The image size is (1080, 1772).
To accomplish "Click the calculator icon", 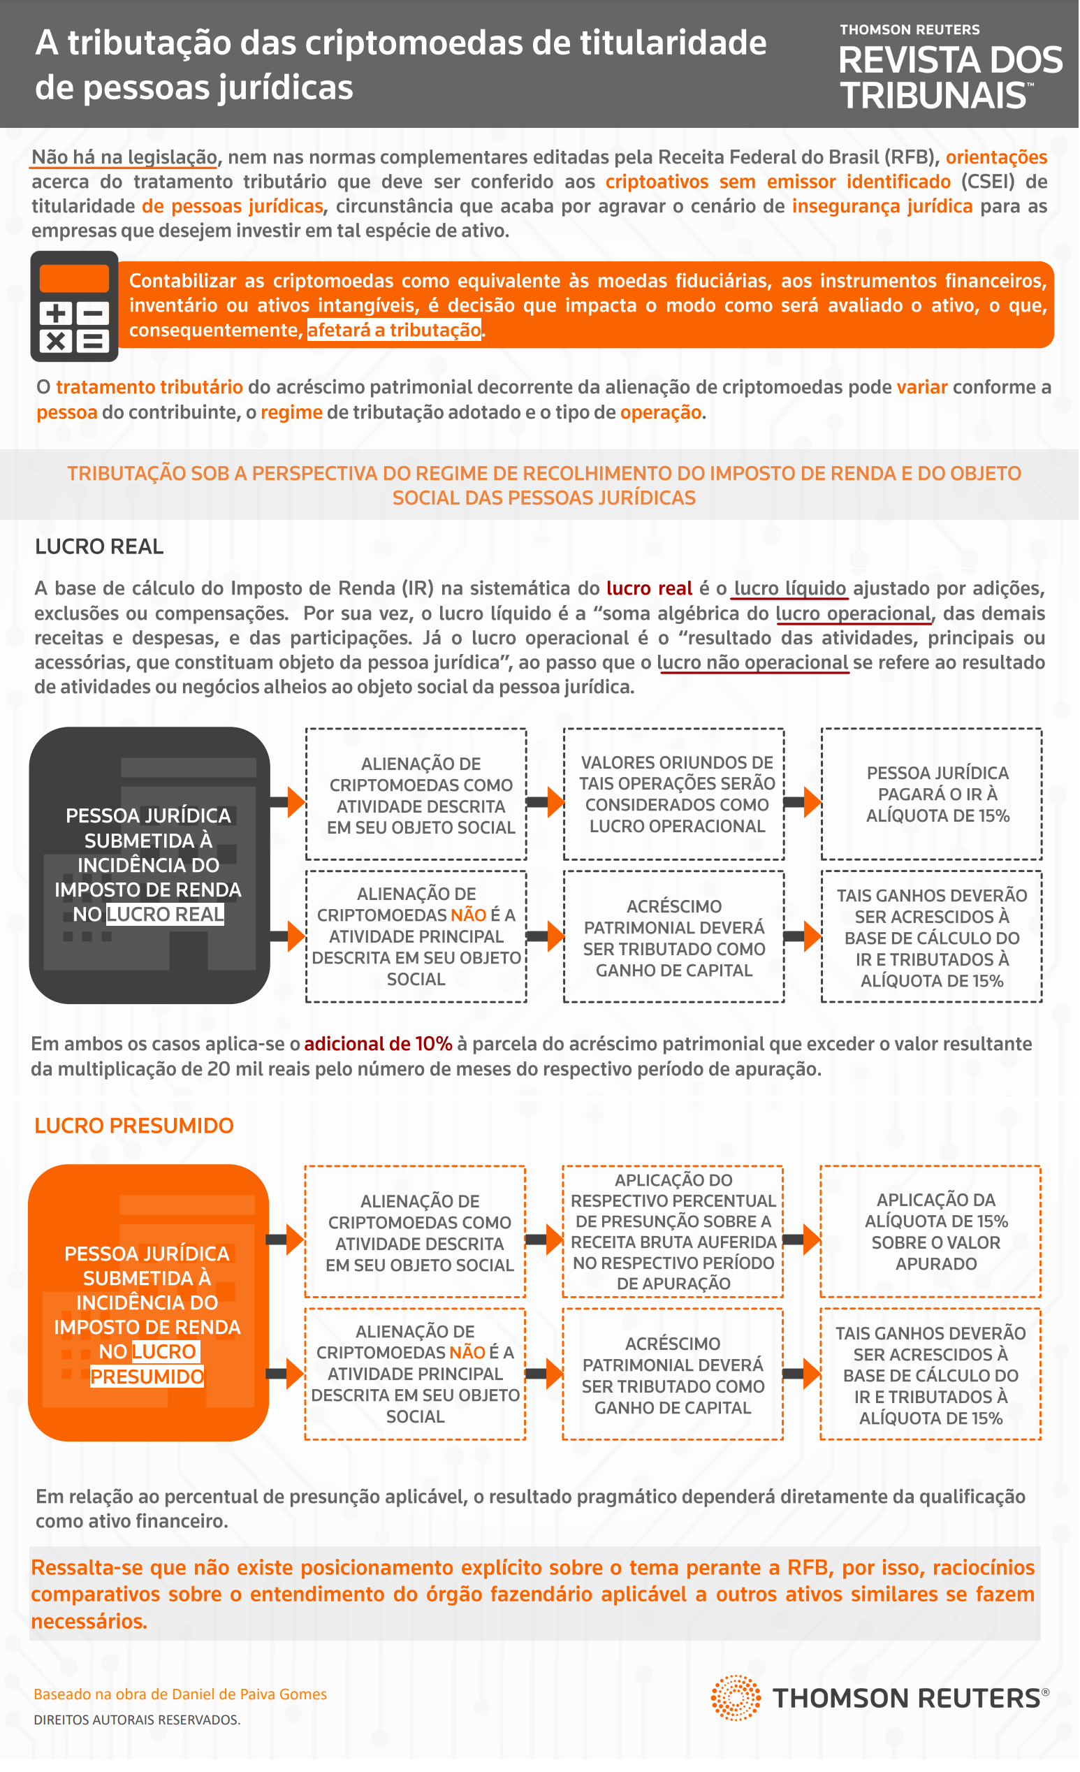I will coord(74,307).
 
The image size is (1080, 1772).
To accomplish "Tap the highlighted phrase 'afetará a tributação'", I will coord(394,331).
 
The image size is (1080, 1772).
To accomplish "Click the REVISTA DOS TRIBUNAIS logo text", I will coord(950,78).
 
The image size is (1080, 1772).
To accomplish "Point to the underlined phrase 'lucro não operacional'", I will coord(754,664).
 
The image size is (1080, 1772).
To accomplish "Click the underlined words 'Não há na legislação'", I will coord(124,157).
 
